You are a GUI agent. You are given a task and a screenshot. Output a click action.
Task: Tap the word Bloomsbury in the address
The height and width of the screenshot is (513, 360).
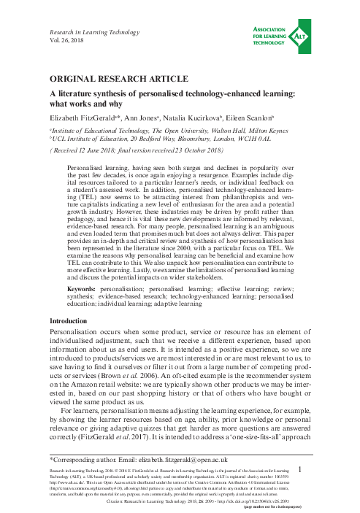[200, 136]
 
